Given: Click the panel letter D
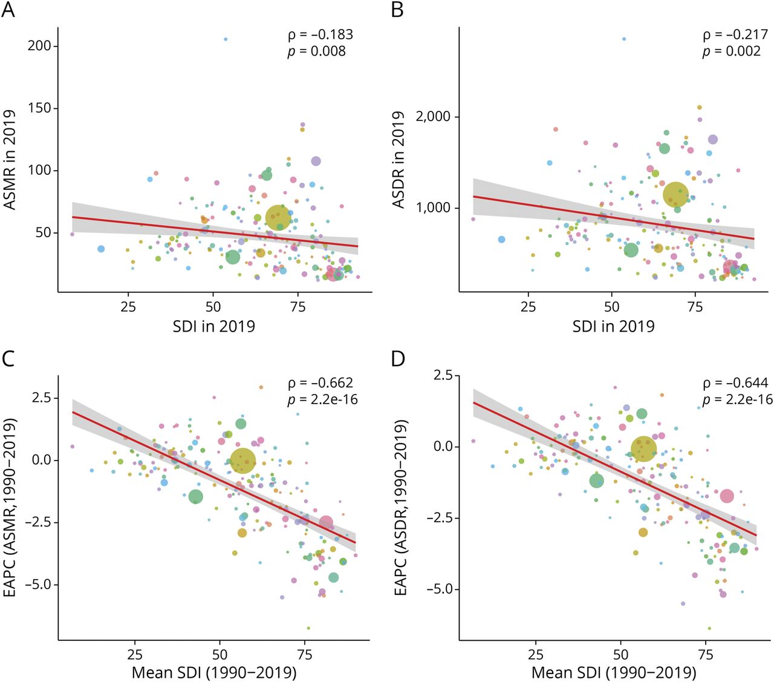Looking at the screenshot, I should [398, 359].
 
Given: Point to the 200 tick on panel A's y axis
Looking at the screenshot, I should [40, 46].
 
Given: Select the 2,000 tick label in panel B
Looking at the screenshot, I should [433, 117].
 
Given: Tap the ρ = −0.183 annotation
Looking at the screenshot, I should [320, 35].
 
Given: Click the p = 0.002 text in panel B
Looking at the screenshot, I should [732, 51].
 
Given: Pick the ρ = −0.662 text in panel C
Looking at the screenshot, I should [320, 383].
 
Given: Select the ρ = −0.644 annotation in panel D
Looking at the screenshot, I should [735, 383].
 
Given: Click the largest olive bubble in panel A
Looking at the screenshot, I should [278, 218].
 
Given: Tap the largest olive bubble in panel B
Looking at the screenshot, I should [675, 195].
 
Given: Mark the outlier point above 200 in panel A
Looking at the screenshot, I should [226, 39].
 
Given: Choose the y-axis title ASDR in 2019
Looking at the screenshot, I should [398, 160].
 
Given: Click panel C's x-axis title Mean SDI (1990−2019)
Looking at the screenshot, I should [214, 672].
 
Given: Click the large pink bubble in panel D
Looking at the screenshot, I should [726, 496].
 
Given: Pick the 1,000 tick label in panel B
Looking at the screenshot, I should [433, 208].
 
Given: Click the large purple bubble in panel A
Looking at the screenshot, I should [316, 162].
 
